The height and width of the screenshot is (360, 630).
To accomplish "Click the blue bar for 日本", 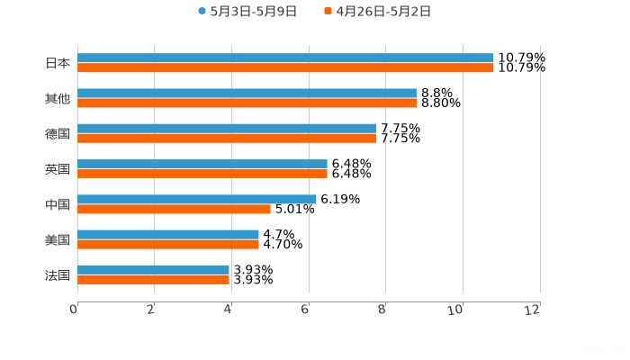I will point(285,58).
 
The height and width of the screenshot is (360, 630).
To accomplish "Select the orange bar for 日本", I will point(285,67).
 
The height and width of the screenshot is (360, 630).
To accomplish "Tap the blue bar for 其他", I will point(247,94).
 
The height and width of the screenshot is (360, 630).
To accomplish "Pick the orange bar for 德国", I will point(227,138).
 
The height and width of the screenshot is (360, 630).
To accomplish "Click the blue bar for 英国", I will point(202,164).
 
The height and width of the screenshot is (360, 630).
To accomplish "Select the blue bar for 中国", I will point(197,199).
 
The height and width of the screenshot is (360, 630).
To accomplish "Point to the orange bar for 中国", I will point(174,209).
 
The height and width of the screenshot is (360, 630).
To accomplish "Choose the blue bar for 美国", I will point(168,234).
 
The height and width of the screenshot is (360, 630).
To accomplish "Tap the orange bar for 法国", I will point(153,279).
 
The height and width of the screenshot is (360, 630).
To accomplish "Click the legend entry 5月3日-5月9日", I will point(247,12).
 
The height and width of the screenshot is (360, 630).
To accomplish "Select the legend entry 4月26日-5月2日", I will point(377,12).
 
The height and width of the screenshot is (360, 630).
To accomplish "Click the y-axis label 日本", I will point(58,63).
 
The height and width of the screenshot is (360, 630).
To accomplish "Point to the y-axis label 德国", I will point(58,133).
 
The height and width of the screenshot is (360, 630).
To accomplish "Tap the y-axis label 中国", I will point(58,204).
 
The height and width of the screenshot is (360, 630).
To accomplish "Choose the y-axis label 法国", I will point(58,274).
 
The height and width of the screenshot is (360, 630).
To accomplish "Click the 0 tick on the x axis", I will point(74,310).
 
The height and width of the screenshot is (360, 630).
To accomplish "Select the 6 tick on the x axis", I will point(305,310).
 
